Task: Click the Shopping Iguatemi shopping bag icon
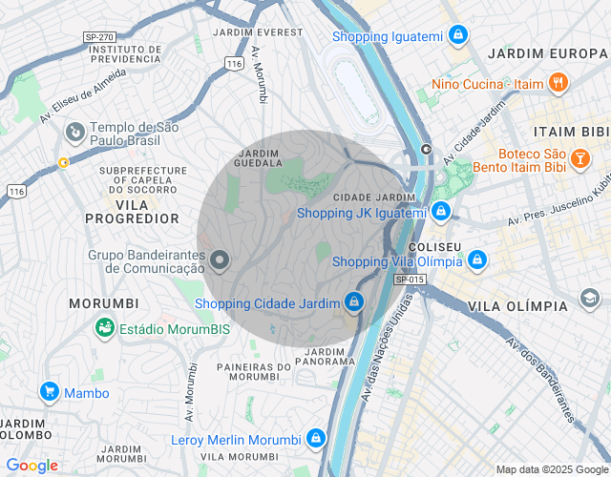click(459, 35)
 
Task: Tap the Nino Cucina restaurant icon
click(559, 83)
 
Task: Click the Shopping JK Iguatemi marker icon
click(440, 211)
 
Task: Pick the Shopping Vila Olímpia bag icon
click(477, 259)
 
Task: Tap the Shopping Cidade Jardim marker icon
click(354, 302)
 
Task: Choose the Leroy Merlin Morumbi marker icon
click(315, 439)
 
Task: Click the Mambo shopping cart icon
click(50, 391)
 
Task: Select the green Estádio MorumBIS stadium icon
click(105, 328)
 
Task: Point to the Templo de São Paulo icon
click(74, 131)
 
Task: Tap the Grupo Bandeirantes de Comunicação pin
click(220, 259)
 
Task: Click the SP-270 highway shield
click(98, 37)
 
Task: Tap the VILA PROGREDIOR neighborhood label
click(132, 211)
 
